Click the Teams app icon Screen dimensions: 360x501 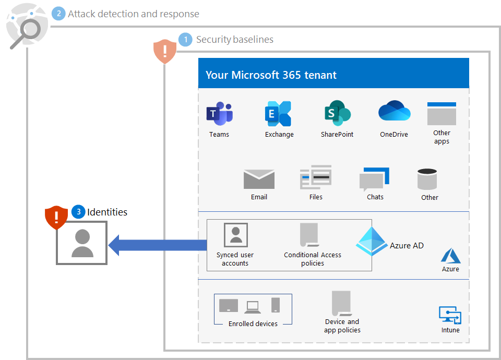219,114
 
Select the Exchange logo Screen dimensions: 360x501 278,114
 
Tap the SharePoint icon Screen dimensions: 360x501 337,114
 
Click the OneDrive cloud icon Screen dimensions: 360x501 394,112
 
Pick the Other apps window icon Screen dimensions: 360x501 442,114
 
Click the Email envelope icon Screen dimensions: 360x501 259,179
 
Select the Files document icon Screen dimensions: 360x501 316,178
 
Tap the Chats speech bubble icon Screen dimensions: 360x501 374,179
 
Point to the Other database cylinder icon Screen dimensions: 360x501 427,179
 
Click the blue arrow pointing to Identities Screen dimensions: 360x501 157,245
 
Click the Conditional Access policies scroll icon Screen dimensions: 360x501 309,235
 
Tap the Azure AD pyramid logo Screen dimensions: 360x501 372,241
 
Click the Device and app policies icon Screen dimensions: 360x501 341,303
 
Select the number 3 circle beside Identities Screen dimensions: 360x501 78,211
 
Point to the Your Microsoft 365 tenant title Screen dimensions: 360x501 271,75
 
